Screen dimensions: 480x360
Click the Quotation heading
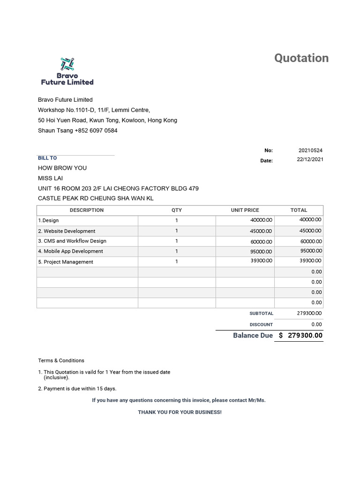[x=301, y=58]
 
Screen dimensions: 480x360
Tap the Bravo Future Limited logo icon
[x=67, y=64]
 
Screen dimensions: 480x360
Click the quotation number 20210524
[x=310, y=150]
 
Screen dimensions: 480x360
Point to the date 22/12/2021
[x=310, y=159]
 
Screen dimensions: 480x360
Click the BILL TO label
[x=47, y=158]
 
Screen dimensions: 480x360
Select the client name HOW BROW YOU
[x=62, y=168]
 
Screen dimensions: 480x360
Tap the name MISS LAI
[x=50, y=178]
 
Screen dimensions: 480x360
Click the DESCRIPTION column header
[x=87, y=210]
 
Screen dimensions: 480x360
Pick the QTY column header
[x=177, y=210]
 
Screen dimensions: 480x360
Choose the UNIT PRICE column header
[x=245, y=210]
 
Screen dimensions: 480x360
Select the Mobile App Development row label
[x=70, y=251]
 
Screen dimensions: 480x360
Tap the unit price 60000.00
[x=261, y=241]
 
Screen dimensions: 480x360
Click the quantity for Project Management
[x=177, y=262]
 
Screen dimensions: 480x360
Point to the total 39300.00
[x=310, y=261]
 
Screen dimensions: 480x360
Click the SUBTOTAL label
[x=261, y=314]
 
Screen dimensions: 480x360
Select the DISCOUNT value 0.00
[x=316, y=324]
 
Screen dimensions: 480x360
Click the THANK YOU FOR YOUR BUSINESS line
[x=180, y=412]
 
